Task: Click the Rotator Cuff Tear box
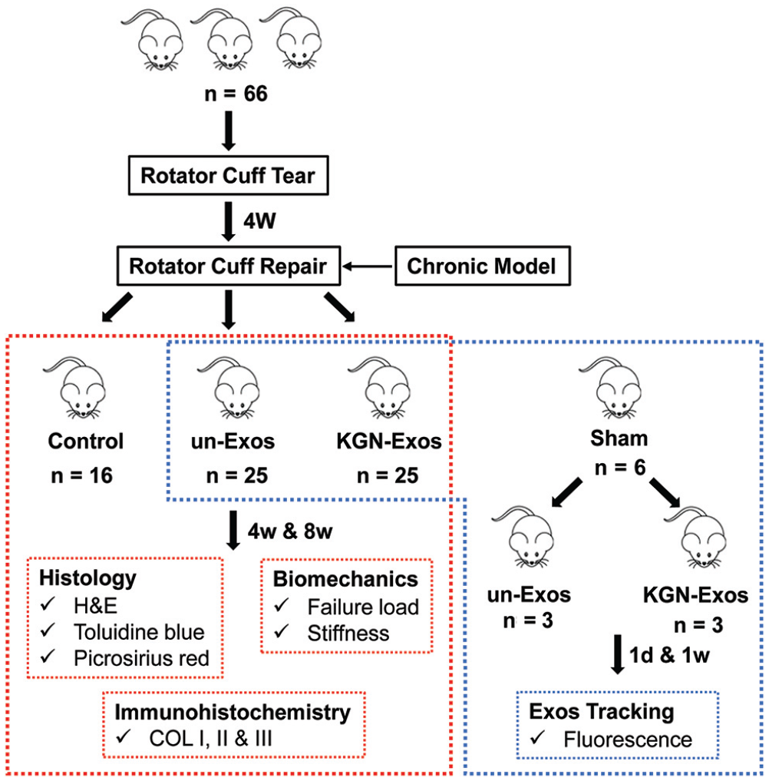click(x=229, y=175)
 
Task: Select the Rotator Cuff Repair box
click(x=229, y=266)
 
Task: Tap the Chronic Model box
click(x=482, y=266)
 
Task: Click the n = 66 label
click(x=236, y=94)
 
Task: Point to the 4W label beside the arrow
click(x=259, y=220)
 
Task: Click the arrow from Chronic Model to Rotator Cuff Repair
click(x=368, y=266)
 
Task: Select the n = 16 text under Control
click(x=81, y=475)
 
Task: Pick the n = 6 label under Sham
click(x=619, y=468)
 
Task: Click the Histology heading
click(x=87, y=578)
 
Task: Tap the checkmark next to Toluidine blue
click(x=48, y=630)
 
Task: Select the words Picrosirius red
click(x=141, y=658)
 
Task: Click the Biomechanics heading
click(x=345, y=579)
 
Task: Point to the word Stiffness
click(x=348, y=633)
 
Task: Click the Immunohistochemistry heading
click(x=233, y=713)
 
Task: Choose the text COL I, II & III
click(x=210, y=739)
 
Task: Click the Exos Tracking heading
click(x=601, y=712)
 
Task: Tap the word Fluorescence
click(x=628, y=740)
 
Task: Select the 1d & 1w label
click(x=669, y=656)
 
